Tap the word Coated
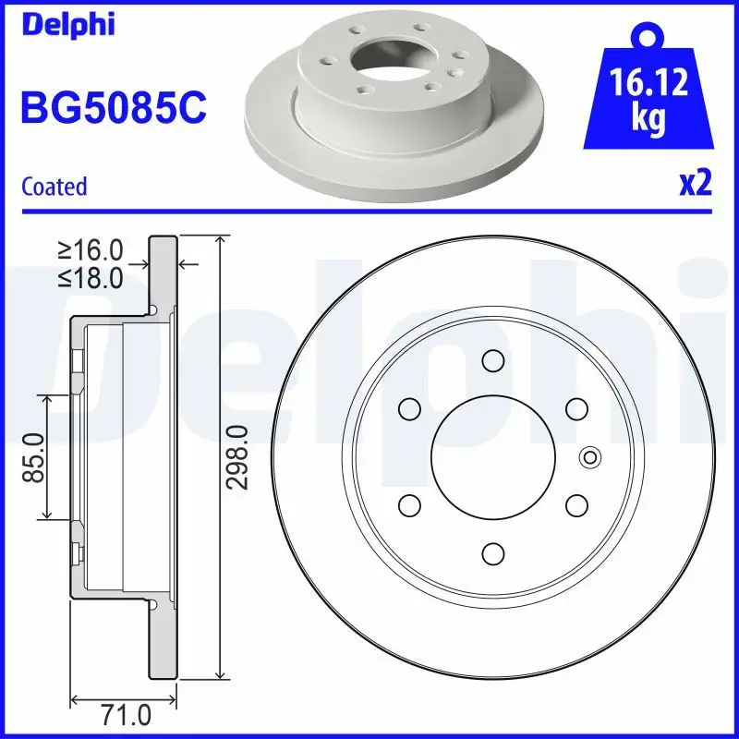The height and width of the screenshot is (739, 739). (x=54, y=187)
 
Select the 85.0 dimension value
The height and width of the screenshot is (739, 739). (x=34, y=457)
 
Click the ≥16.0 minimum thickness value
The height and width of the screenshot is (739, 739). (x=91, y=249)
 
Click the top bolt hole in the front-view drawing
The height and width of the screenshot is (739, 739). (x=492, y=360)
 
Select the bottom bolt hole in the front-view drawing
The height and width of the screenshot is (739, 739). (x=492, y=552)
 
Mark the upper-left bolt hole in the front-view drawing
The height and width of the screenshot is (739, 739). (x=408, y=407)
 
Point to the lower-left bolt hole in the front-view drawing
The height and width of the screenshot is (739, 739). (x=408, y=504)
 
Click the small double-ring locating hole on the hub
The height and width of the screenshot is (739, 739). (x=589, y=455)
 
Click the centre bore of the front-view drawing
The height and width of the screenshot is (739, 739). (x=492, y=455)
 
